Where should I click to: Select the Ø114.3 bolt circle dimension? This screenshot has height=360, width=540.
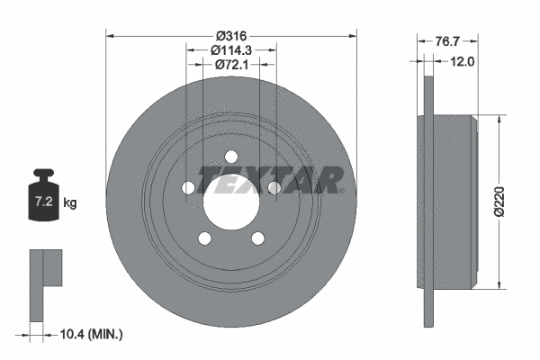(230, 50)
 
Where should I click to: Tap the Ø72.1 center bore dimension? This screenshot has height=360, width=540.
(230, 66)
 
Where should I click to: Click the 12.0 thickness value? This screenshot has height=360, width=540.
(462, 62)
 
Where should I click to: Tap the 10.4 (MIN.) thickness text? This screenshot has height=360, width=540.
(89, 334)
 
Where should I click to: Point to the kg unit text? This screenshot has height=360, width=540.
(70, 203)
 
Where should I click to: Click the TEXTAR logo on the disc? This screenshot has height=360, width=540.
(270, 180)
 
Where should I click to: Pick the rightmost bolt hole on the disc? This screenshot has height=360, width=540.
(273, 187)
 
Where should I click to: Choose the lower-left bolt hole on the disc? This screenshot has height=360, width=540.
(204, 238)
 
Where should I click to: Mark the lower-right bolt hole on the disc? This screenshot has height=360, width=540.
(256, 238)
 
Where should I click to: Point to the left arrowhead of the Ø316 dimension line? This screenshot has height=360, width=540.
(111, 35)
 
